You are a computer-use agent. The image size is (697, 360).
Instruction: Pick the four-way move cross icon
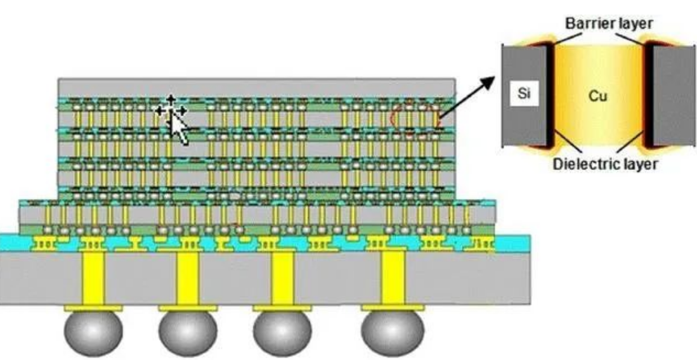pos(171,110)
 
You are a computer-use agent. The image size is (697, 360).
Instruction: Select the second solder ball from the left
pos(188,332)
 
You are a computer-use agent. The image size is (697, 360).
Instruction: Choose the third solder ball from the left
pos(282,332)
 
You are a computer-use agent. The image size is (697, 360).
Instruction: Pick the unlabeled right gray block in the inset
pos(674,95)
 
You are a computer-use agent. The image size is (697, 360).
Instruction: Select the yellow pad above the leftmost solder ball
pos(93,308)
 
